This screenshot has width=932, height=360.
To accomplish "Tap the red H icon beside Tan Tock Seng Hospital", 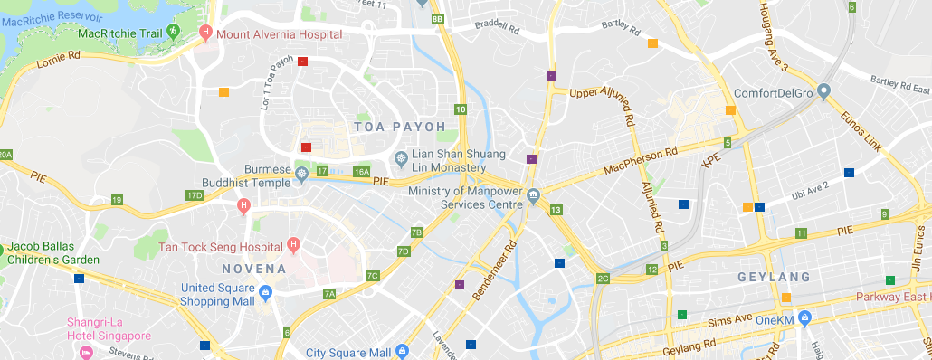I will click(293, 245).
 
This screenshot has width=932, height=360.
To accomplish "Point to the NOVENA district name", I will click(254, 269).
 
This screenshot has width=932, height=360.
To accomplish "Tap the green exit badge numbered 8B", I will click(438, 19).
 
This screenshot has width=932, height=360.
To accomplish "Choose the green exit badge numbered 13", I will click(556, 210).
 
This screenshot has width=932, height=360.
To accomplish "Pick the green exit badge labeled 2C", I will click(604, 278).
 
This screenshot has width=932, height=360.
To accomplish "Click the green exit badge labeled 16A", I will click(362, 172).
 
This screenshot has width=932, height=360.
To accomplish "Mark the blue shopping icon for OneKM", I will click(805, 318).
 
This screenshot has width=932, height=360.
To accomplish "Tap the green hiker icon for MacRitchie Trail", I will click(177, 33).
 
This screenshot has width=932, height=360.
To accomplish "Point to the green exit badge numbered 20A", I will click(5, 155).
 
